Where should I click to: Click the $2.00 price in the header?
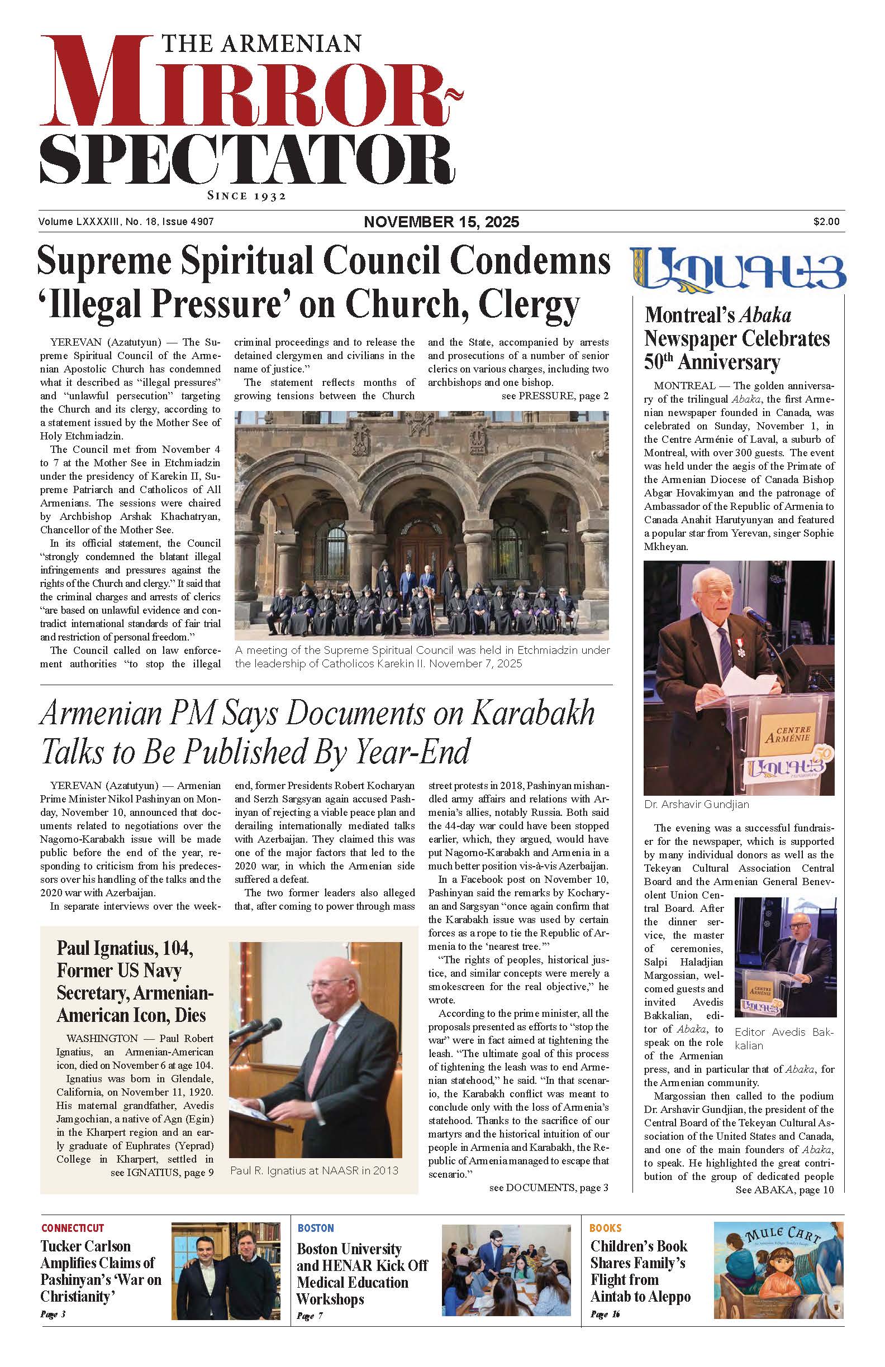click(826, 221)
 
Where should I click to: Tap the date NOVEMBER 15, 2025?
click(441, 222)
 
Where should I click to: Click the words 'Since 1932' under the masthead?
click(246, 196)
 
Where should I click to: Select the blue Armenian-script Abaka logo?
click(738, 268)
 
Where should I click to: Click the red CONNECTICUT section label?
click(73, 1228)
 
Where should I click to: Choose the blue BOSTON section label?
click(316, 1228)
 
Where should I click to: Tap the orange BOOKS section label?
click(605, 1228)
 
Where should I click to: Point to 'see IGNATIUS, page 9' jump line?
click(161, 1172)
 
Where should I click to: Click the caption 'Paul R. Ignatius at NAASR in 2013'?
click(314, 1170)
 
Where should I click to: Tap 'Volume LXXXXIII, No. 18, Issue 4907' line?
click(126, 221)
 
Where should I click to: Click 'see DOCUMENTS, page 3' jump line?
click(548, 1187)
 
